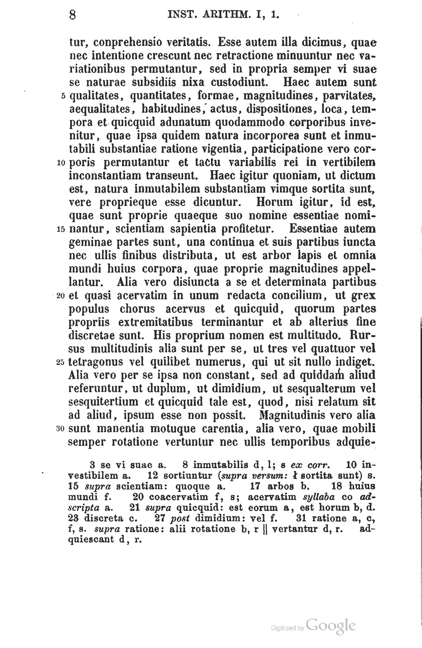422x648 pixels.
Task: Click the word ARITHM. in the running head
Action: click(x=225, y=14)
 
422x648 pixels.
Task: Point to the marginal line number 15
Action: click(x=61, y=229)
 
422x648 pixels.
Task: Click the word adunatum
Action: click(x=185, y=123)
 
